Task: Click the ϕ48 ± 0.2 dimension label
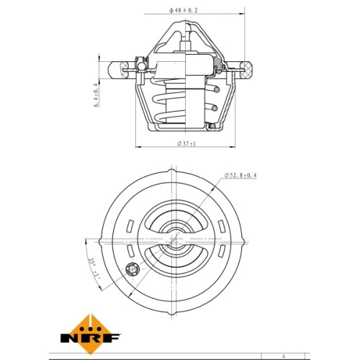pos(184,10)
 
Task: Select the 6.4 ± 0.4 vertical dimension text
pos(96,95)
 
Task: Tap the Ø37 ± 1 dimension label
pos(186,144)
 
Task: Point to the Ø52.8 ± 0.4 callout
pos(240,176)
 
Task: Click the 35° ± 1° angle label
pos(94,269)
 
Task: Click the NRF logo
pos(91,334)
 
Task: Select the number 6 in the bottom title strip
pos(284,356)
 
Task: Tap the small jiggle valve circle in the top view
pos(132,269)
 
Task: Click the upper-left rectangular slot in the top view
pos(130,226)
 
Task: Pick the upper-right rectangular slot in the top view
pos(221,226)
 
